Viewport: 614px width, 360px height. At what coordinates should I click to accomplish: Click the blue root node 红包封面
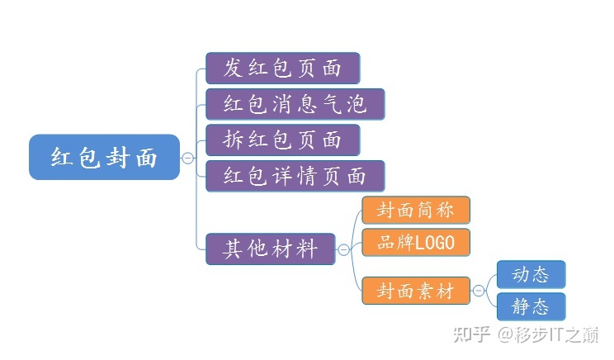pos(104,157)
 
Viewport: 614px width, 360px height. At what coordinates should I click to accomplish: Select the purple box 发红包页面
pos(282,68)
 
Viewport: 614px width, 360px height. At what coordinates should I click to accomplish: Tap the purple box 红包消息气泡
pos(294,104)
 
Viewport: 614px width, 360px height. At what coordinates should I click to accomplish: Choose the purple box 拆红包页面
pos(282,140)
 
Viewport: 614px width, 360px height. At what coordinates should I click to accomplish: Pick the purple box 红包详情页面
pos(294,176)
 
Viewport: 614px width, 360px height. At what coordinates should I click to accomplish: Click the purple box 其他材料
pos(271,249)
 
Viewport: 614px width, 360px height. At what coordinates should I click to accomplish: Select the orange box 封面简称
pos(415,210)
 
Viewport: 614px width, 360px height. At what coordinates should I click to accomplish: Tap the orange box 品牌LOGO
pos(415,243)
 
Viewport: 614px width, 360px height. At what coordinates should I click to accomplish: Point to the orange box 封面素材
pos(415,291)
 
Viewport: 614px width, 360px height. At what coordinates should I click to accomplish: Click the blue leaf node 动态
pos(531,274)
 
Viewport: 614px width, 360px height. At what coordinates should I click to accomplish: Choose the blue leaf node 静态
pos(531,307)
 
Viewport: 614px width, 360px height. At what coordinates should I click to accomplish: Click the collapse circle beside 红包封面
pos(188,157)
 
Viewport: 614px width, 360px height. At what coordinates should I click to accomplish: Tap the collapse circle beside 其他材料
pos(344,249)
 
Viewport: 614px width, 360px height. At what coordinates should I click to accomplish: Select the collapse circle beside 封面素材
pos(478,291)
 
